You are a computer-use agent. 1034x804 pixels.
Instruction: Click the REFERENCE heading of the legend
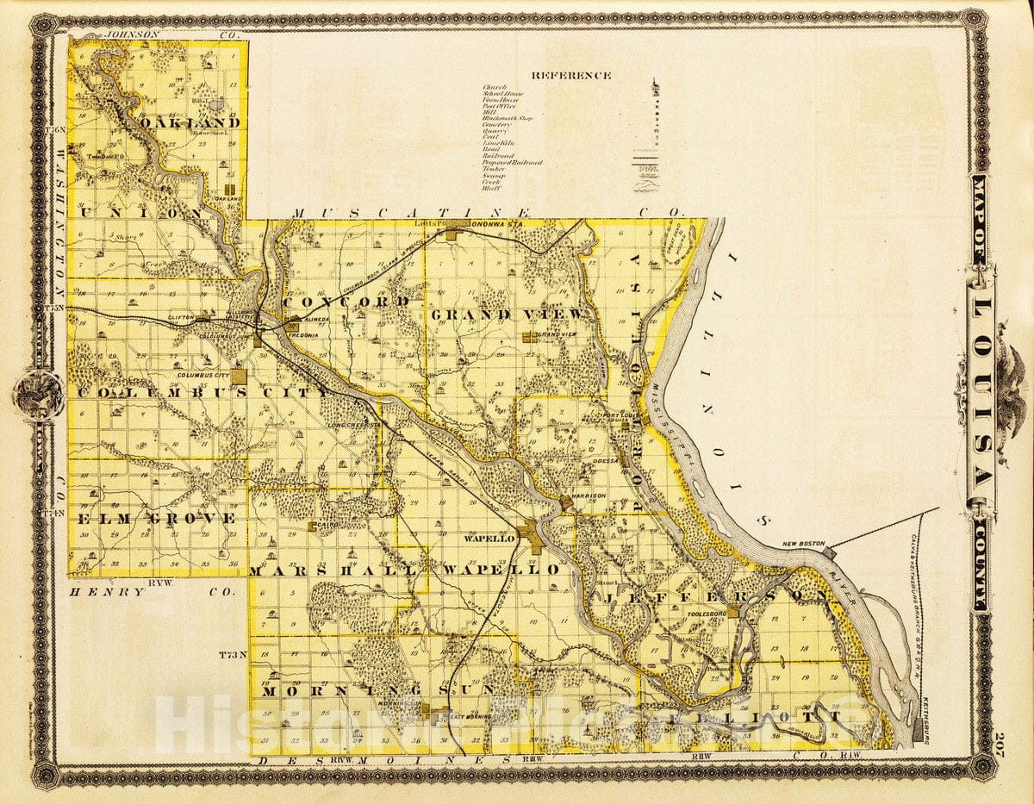(x=571, y=75)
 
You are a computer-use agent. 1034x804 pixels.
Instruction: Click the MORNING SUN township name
(x=378, y=690)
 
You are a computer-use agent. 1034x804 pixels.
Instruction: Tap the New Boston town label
(x=804, y=545)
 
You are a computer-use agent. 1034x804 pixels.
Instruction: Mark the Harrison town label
(x=589, y=496)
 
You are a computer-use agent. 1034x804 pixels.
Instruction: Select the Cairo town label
(x=325, y=526)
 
